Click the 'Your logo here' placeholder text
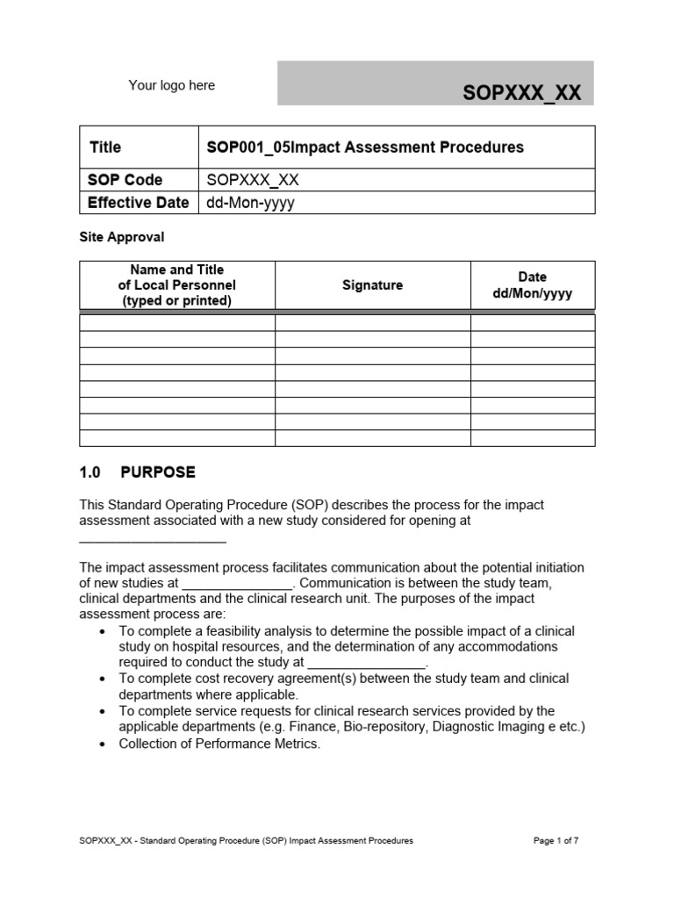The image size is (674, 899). click(171, 85)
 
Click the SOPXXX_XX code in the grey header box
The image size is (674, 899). click(521, 93)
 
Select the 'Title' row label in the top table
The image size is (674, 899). click(105, 147)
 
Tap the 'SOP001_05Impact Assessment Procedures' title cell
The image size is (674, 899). click(364, 147)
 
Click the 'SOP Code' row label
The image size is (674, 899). click(125, 180)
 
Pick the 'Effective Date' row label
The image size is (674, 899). click(138, 203)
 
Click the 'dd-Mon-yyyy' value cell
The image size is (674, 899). click(250, 203)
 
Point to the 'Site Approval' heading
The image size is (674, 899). click(122, 237)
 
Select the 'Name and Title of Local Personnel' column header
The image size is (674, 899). click(176, 285)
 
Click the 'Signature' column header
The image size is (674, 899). click(372, 285)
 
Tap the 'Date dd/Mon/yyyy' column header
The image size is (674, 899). click(532, 285)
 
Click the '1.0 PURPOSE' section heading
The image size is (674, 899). click(137, 472)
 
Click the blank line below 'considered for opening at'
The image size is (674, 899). click(153, 540)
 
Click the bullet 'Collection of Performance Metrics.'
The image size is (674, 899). click(219, 744)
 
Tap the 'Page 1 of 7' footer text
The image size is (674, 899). click(556, 840)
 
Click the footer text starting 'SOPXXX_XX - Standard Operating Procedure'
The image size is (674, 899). click(246, 840)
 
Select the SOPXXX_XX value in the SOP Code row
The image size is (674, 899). click(253, 180)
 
